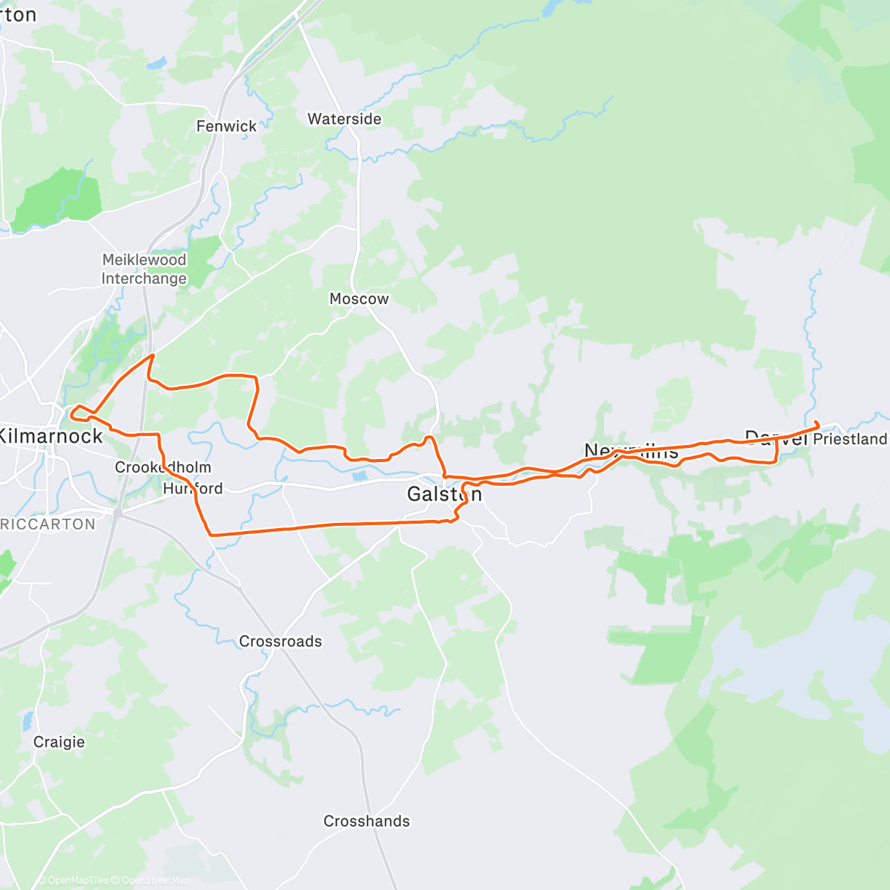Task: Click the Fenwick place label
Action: [226, 126]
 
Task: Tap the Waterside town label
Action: [344, 119]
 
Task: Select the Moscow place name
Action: [359, 299]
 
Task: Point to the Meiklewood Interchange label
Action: [144, 269]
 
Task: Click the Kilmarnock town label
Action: [50, 436]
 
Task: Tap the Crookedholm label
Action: [163, 467]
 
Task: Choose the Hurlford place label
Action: [193, 488]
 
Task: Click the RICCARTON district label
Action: [48, 524]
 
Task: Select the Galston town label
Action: [444, 494]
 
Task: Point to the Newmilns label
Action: [631, 450]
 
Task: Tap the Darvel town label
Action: [775, 438]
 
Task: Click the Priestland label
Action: [850, 439]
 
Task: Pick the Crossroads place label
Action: [280, 642]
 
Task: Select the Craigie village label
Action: [59, 742]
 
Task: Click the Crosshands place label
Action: [366, 821]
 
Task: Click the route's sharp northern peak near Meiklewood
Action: [152, 356]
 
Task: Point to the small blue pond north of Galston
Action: [360, 475]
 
